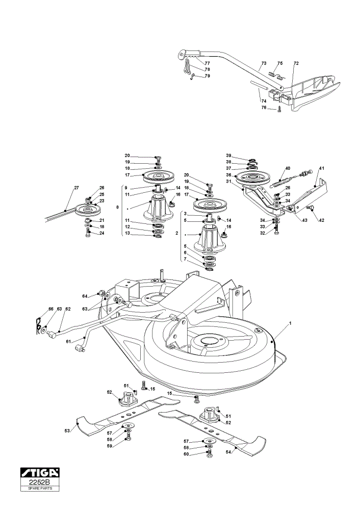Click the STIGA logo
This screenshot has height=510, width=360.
pyautogui.click(x=40, y=472)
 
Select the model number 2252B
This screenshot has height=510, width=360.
pyautogui.click(x=40, y=482)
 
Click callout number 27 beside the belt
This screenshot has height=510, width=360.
pyautogui.click(x=76, y=188)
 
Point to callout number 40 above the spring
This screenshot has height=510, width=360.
pyautogui.click(x=288, y=168)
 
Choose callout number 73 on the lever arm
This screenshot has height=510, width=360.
pyautogui.click(x=264, y=63)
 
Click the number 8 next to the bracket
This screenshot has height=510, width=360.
pyautogui.click(x=117, y=207)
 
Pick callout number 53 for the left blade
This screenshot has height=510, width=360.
pyautogui.click(x=67, y=430)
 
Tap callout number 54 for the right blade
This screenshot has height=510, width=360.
pyautogui.click(x=228, y=452)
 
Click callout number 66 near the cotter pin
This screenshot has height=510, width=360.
pyautogui.click(x=50, y=309)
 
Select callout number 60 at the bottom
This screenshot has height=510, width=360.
pyautogui.click(x=186, y=454)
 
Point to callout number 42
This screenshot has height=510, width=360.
pyautogui.click(x=321, y=220)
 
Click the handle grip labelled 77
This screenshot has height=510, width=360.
pyautogui.click(x=192, y=54)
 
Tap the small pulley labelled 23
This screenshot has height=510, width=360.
pyautogui.click(x=87, y=209)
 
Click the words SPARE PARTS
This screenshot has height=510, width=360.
pyautogui.click(x=40, y=488)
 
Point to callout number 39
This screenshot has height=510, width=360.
pyautogui.click(x=228, y=156)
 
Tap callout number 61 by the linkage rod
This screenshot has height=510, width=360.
pyautogui.click(x=68, y=341)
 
